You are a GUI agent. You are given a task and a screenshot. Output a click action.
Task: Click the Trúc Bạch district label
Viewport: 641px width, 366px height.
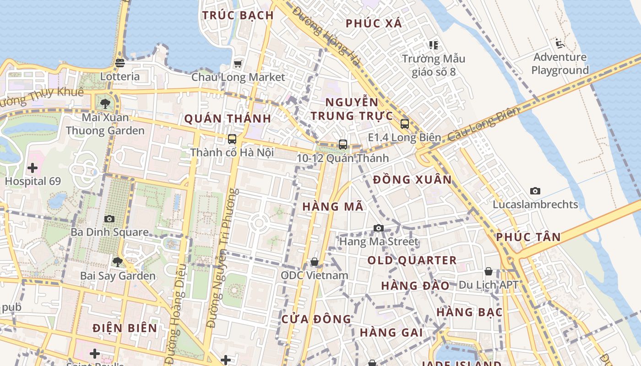click(x=238, y=15)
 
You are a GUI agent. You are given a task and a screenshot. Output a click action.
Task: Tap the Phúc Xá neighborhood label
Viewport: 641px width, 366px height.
click(x=374, y=23)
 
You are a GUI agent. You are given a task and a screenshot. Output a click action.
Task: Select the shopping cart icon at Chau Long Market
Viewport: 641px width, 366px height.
click(x=238, y=64)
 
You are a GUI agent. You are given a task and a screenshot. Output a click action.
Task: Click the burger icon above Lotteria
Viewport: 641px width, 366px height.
click(x=120, y=63)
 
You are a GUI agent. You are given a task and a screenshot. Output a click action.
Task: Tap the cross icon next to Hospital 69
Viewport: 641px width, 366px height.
click(x=33, y=168)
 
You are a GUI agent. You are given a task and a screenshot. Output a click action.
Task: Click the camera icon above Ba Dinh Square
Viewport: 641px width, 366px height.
click(x=109, y=219)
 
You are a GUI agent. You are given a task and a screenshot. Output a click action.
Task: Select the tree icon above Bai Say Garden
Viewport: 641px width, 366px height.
click(x=118, y=262)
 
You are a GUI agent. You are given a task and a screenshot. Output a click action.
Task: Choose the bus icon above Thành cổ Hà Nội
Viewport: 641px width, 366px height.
click(x=232, y=139)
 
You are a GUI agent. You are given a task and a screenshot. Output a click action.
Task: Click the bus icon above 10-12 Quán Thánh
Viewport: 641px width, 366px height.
click(x=343, y=145)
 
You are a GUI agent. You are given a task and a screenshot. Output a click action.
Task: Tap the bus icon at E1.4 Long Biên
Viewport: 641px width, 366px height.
click(x=404, y=124)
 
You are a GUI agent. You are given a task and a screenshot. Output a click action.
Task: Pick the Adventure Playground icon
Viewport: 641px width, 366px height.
click(x=560, y=43)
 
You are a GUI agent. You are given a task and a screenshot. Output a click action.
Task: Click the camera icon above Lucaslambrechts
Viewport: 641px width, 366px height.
click(x=535, y=191)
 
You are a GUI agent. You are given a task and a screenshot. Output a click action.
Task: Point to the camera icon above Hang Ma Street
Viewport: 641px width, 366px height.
click(x=378, y=228)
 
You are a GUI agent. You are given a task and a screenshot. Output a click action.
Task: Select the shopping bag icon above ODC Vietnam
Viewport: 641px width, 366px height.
click(x=315, y=262)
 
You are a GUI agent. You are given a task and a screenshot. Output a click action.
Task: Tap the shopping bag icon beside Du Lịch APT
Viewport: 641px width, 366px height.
click(x=489, y=272)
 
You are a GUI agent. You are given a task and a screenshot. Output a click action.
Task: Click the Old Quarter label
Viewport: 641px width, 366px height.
click(x=412, y=261)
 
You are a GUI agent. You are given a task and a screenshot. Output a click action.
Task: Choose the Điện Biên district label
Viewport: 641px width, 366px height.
click(x=125, y=328)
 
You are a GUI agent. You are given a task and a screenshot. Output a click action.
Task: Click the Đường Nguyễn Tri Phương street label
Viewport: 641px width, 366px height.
click(x=223, y=258)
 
